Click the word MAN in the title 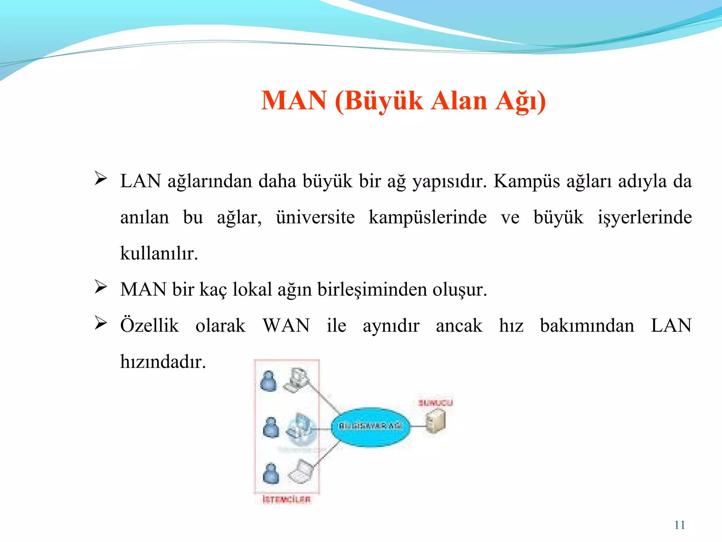click(294, 101)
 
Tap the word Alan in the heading click(459, 101)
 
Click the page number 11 click(679, 525)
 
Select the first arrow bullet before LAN click(101, 179)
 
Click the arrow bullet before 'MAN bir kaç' click(101, 287)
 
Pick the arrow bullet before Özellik click(101, 323)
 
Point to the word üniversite click(315, 217)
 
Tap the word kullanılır click(159, 253)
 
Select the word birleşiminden click(372, 290)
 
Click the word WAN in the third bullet click(286, 325)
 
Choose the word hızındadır click(163, 362)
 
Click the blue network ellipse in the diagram click(370, 427)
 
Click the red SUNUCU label click(435, 403)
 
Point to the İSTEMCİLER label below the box click(287, 499)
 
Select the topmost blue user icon click(269, 381)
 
